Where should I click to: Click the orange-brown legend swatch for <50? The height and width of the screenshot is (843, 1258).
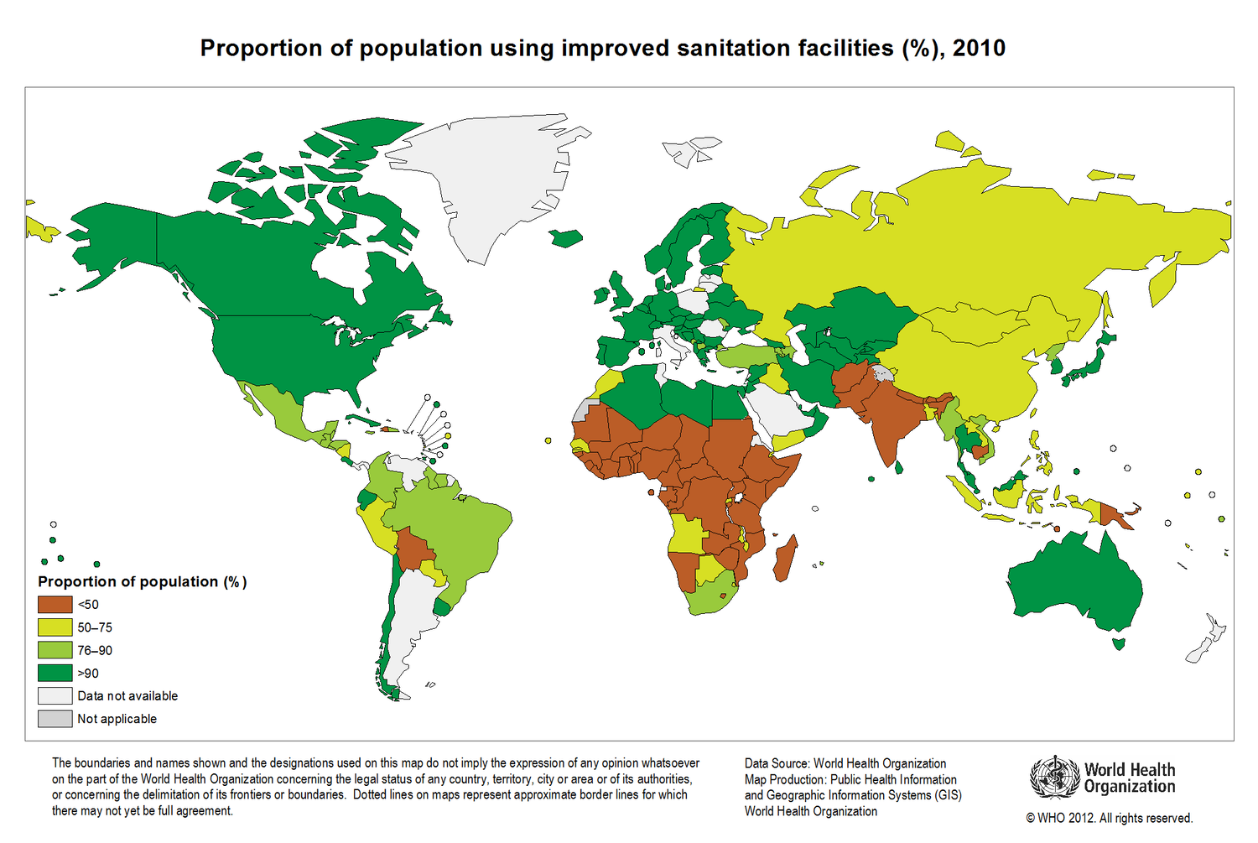pyautogui.click(x=55, y=604)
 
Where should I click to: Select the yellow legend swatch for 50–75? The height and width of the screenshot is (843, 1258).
pyautogui.click(x=55, y=627)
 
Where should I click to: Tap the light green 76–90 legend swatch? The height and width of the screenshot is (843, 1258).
pyautogui.click(x=55, y=650)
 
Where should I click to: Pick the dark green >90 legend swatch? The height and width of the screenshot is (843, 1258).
pyautogui.click(x=55, y=674)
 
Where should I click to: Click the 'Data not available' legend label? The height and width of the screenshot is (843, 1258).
pyautogui.click(x=127, y=696)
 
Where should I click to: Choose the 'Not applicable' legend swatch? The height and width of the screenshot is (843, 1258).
pyautogui.click(x=55, y=719)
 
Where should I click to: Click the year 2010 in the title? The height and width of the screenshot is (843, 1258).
pyautogui.click(x=979, y=49)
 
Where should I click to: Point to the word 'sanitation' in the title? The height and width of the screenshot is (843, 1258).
pyautogui.click(x=736, y=49)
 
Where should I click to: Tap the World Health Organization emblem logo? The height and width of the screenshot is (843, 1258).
pyautogui.click(x=1054, y=778)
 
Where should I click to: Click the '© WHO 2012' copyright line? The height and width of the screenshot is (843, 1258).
pyautogui.click(x=1110, y=818)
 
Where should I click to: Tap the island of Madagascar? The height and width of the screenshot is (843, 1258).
pyautogui.click(x=785, y=558)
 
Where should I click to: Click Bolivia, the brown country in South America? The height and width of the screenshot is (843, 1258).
pyautogui.click(x=415, y=549)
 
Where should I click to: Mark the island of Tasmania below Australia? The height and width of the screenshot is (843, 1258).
pyautogui.click(x=1119, y=643)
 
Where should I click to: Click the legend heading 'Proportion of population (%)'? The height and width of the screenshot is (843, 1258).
pyautogui.click(x=142, y=582)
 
